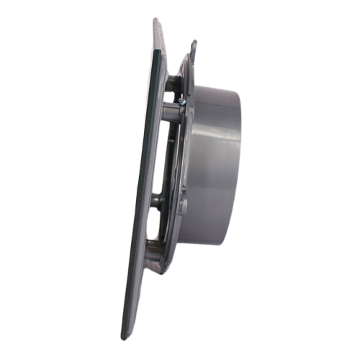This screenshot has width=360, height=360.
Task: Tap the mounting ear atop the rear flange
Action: coord(194,50)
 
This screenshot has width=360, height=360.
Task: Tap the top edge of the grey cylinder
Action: coord(216,88)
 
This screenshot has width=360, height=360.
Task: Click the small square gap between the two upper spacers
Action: coord(168,96)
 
